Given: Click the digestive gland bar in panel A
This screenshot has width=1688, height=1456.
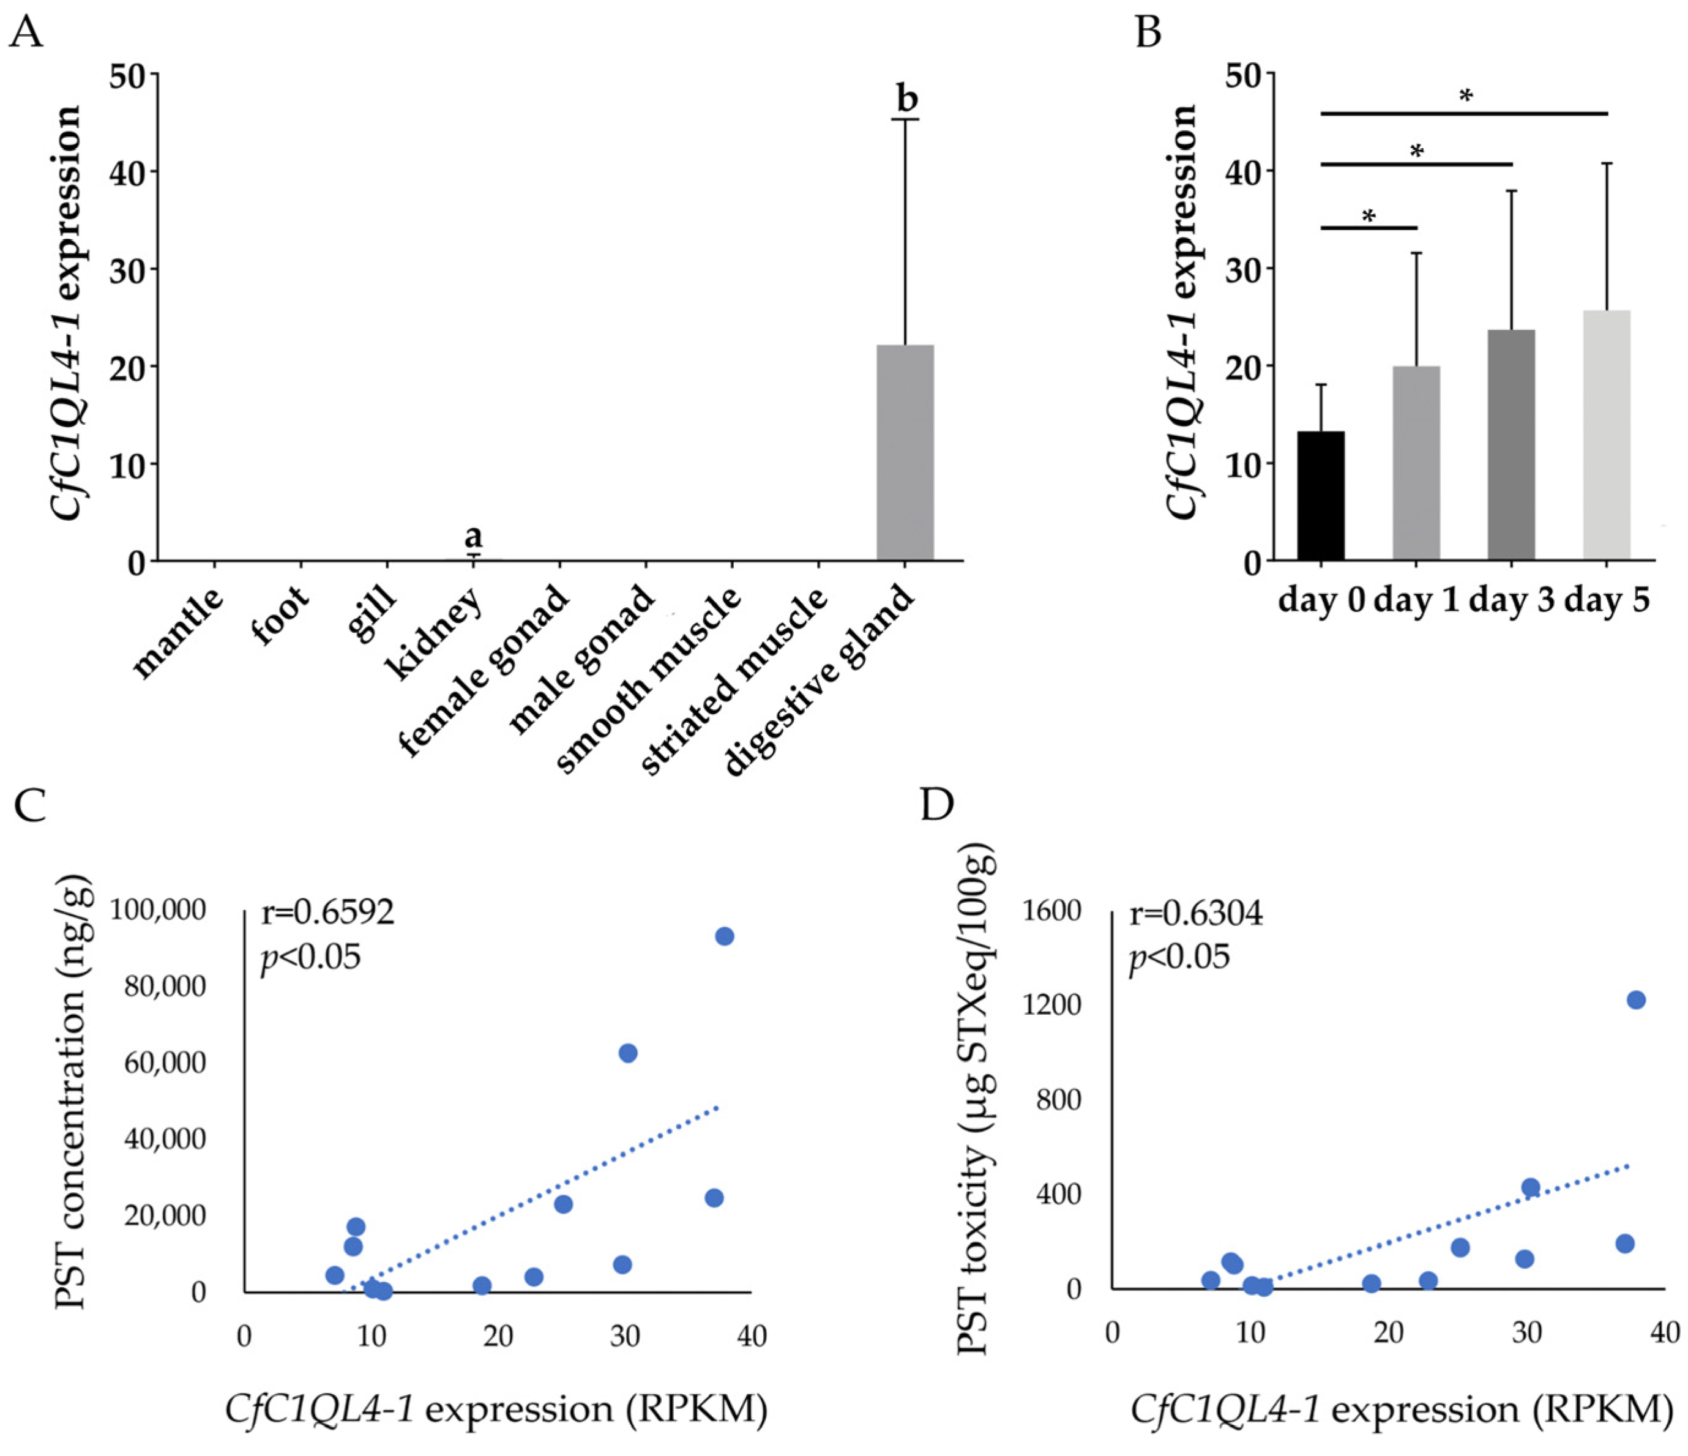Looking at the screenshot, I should click(905, 452).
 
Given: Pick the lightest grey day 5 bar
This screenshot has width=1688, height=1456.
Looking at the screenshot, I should click(1607, 435).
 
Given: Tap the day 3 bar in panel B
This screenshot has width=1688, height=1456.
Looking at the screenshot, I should click(1511, 445).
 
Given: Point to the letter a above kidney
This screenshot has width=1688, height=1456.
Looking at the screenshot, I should click(473, 536).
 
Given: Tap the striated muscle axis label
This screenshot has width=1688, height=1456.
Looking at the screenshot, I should click(736, 681).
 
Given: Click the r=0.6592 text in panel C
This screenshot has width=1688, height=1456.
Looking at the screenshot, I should click(328, 913).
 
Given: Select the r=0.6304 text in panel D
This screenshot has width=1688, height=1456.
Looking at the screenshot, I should click(1196, 914).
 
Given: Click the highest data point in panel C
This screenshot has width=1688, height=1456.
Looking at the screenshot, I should click(724, 936).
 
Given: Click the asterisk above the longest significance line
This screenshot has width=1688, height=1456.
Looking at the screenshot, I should click(1466, 97).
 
